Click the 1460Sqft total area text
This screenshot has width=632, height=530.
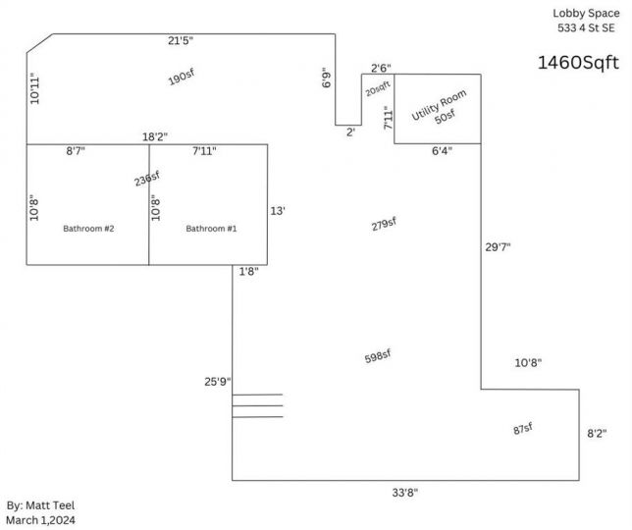click(578, 63)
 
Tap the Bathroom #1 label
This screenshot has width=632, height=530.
click(211, 229)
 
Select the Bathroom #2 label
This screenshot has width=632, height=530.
click(88, 229)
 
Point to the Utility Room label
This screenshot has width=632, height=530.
click(439, 104)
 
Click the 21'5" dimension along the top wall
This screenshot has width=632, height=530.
click(181, 40)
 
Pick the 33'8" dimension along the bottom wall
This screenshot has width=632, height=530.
click(405, 493)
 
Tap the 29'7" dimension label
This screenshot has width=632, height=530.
click(498, 247)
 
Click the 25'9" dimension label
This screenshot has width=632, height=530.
click(218, 382)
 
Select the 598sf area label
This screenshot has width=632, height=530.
click(378, 356)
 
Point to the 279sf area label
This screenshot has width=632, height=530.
click(384, 224)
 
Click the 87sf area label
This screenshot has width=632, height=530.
click(523, 429)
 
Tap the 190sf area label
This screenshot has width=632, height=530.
click(182, 77)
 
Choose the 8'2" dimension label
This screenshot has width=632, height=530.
click(597, 434)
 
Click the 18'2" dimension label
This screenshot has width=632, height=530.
click(155, 136)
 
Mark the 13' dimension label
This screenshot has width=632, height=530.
click(278, 211)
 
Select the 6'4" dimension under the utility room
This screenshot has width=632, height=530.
click(443, 151)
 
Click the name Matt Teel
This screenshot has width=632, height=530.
click(50, 505)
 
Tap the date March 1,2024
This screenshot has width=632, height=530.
click(40, 520)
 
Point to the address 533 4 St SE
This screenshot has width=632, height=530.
click(587, 27)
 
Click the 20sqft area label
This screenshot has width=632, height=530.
click(378, 89)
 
